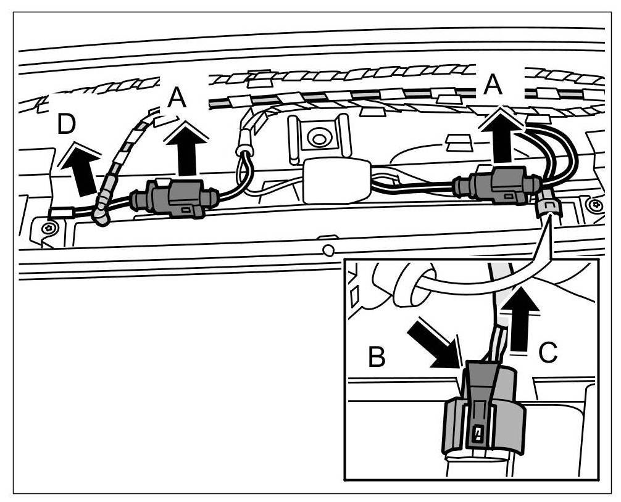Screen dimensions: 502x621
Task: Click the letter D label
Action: pyautogui.click(x=66, y=125)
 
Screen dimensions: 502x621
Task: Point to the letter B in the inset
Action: pyautogui.click(x=377, y=357)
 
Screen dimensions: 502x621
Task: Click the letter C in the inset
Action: pyautogui.click(x=548, y=352)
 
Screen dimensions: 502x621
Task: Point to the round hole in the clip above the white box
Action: pyautogui.click(x=319, y=137)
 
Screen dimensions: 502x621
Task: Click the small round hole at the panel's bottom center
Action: pyautogui.click(x=328, y=250)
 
